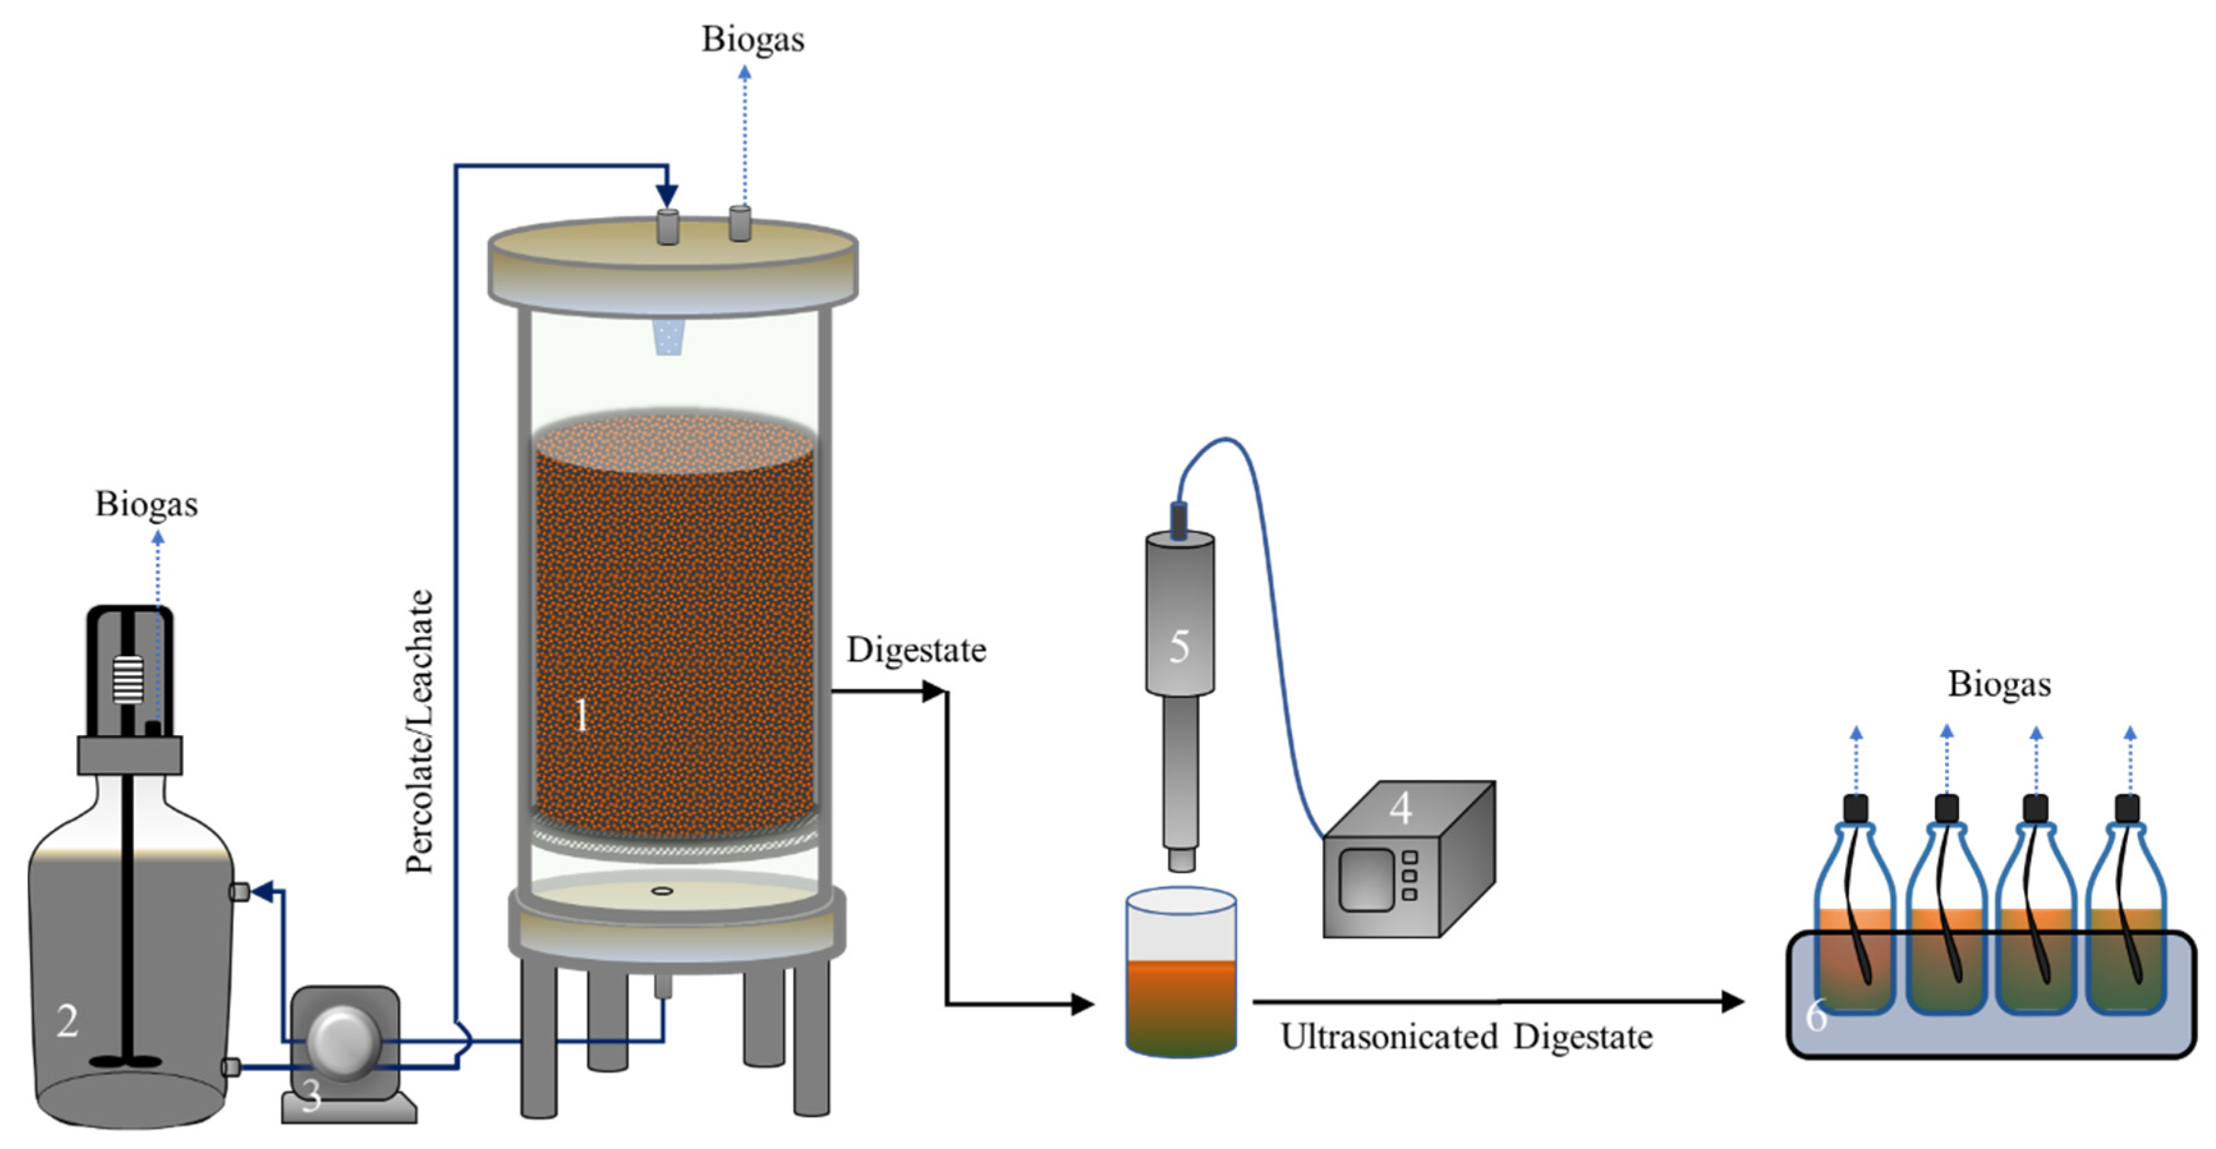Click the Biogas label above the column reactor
(753, 39)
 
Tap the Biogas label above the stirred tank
(146, 504)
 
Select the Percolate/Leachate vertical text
(420, 731)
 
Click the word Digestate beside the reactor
(916, 650)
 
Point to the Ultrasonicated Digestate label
(1466, 1037)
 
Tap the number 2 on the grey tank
(67, 1021)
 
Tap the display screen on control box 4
(1366, 879)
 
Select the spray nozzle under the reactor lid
(669, 337)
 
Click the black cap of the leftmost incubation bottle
(1856, 809)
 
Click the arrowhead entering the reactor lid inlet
(666, 195)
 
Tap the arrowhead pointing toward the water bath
(1732, 1001)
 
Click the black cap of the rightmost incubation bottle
(2127, 809)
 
